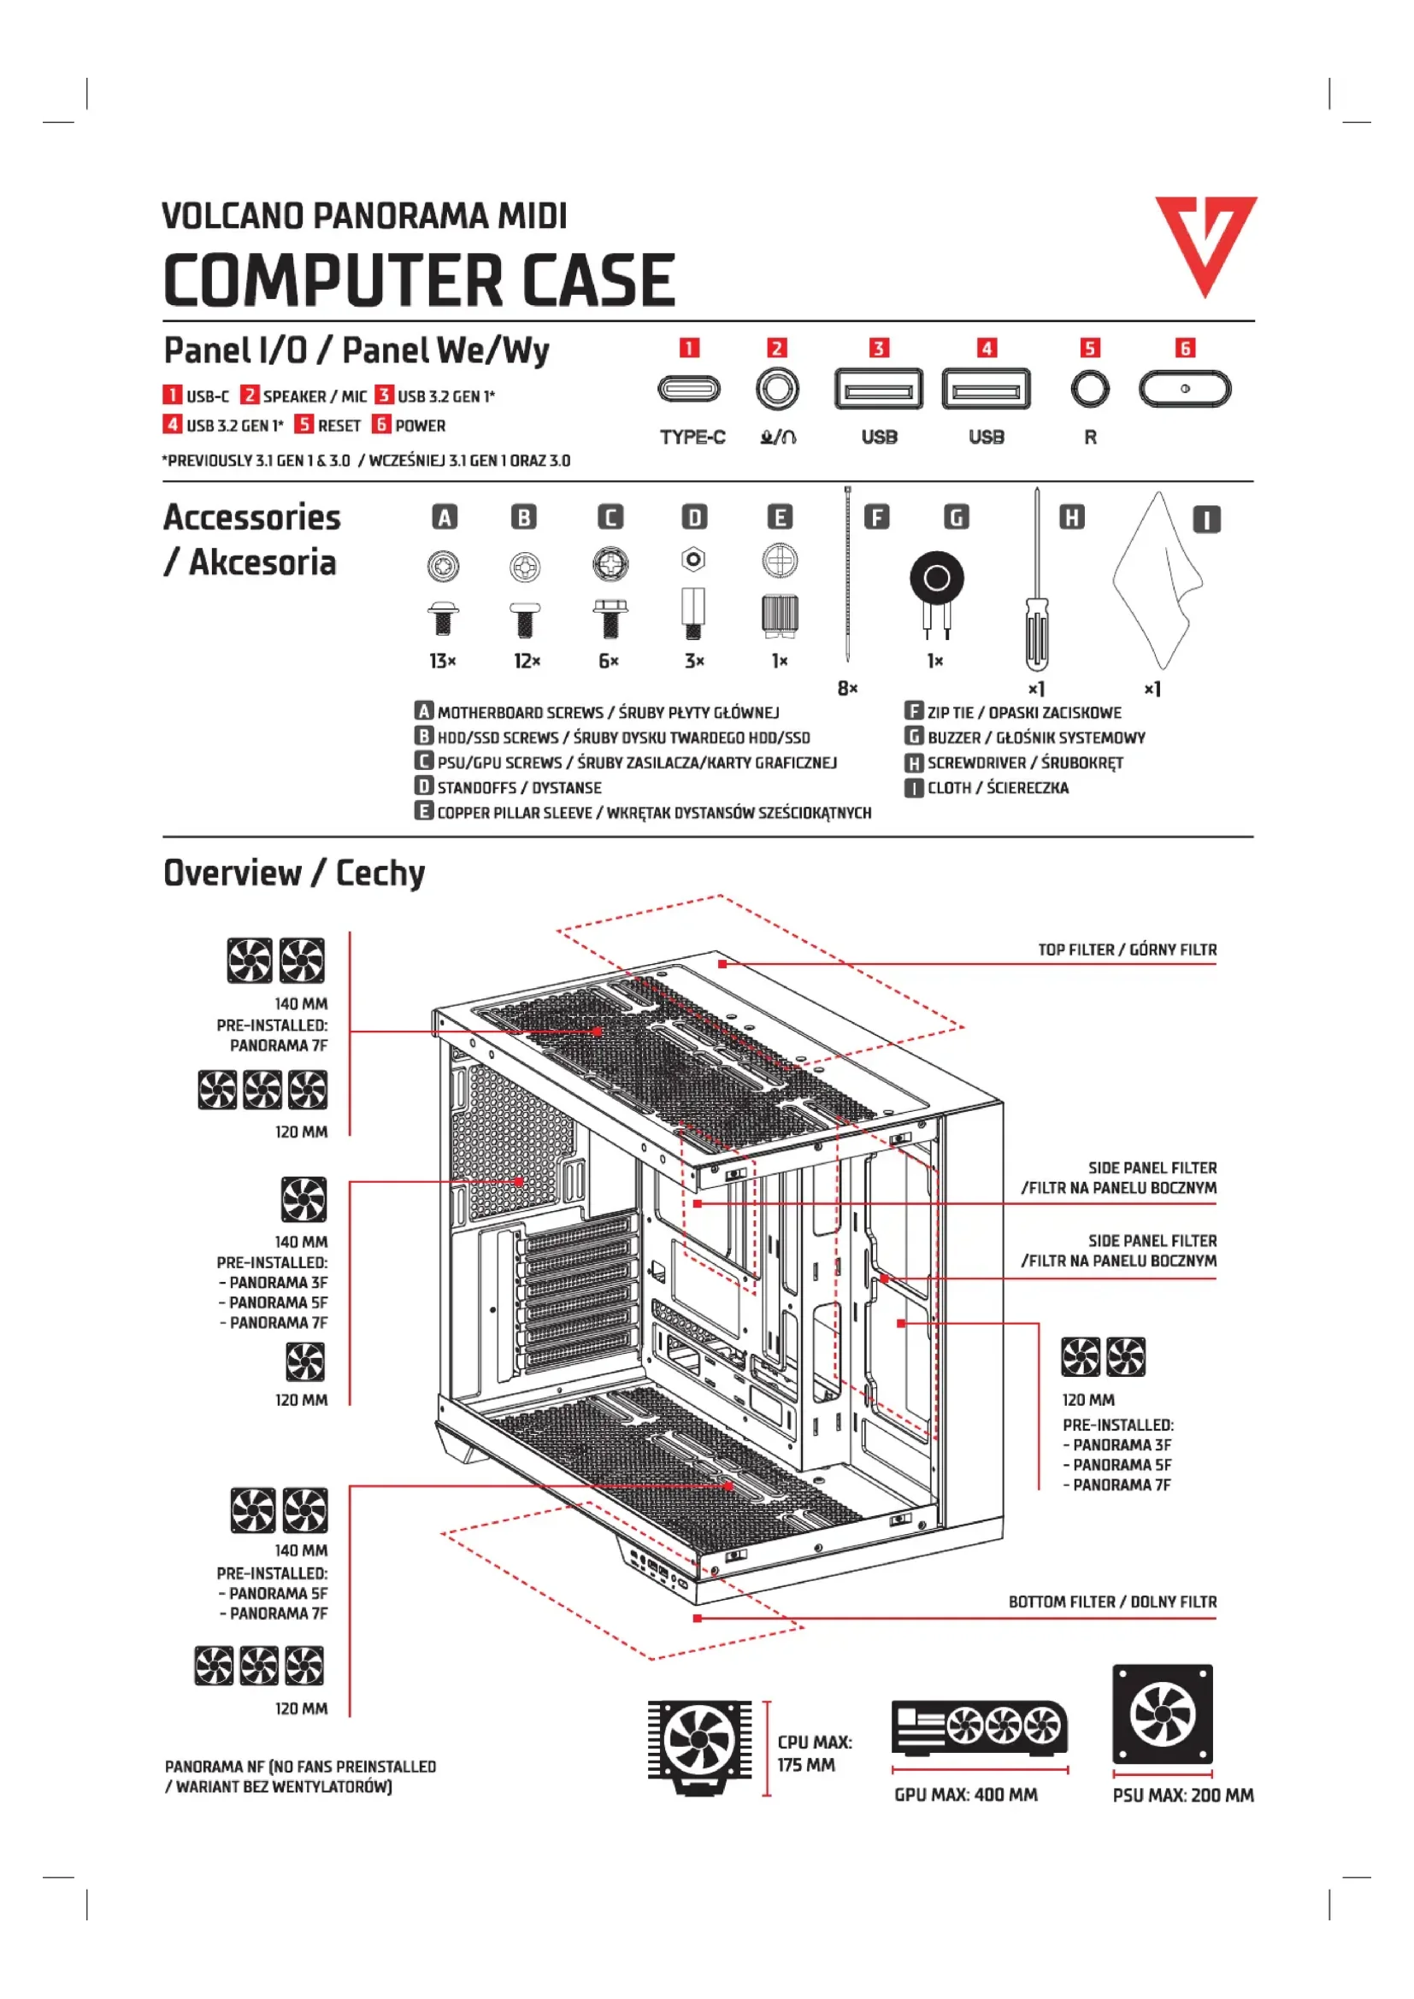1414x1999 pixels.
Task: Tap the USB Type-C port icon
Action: pyautogui.click(x=689, y=388)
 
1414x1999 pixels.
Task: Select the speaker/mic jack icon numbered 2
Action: pyautogui.click(x=776, y=388)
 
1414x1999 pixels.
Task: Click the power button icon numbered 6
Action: pyautogui.click(x=1184, y=389)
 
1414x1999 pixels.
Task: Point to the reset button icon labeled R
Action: pyautogui.click(x=1089, y=388)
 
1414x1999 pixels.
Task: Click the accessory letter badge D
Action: pyautogui.click(x=694, y=518)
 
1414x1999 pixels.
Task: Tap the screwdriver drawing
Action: pyautogui.click(x=1036, y=592)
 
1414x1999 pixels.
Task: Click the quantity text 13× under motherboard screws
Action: pyautogui.click(x=442, y=661)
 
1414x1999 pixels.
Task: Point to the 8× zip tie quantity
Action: pyautogui.click(x=847, y=689)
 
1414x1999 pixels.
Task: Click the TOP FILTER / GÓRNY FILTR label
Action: pyautogui.click(x=1127, y=950)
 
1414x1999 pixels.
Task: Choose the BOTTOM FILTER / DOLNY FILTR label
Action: pyautogui.click(x=1112, y=1602)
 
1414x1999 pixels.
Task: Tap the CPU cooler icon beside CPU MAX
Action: pyautogui.click(x=698, y=1746)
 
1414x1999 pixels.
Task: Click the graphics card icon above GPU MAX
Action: pyautogui.click(x=979, y=1727)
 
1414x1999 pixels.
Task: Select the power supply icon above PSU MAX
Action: pyautogui.click(x=1162, y=1714)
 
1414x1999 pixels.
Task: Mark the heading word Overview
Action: pyautogui.click(x=232, y=873)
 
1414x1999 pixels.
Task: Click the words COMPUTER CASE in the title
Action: pyautogui.click(x=419, y=280)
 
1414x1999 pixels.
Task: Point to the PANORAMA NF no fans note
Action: pyautogui.click(x=300, y=1777)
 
